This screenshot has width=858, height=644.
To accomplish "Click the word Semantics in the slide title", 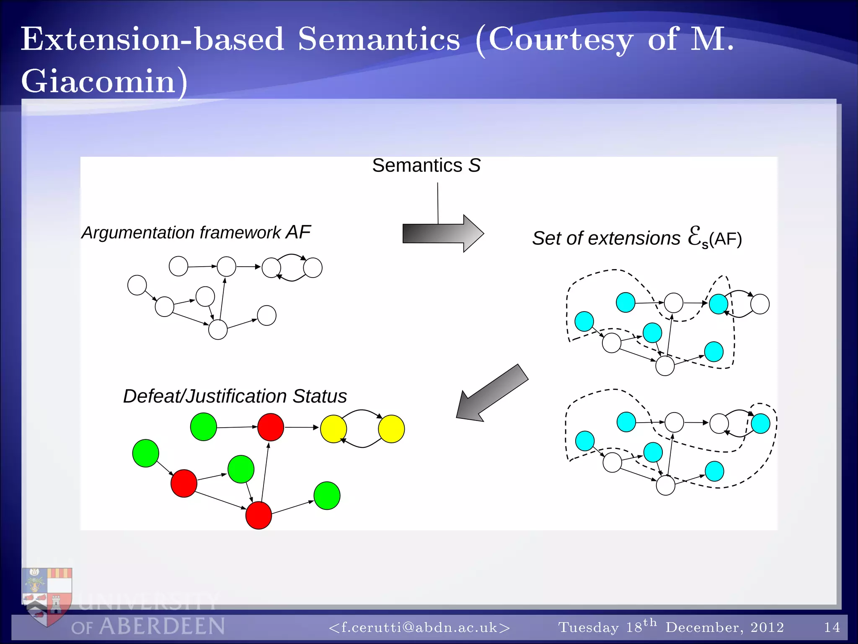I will point(379,39).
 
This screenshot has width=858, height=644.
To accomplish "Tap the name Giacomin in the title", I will point(99,81).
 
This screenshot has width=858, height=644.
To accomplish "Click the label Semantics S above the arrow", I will point(426,166).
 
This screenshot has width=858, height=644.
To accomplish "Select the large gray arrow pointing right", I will point(442,234).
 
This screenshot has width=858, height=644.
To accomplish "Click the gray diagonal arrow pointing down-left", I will point(492,393).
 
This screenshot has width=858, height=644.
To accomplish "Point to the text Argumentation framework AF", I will point(196,232).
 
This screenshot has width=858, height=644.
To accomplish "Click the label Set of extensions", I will point(606,238).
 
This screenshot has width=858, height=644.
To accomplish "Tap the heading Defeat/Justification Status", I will point(235,396).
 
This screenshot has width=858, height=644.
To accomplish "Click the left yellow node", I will point(333,429).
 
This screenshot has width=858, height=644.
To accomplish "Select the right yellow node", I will point(391,429).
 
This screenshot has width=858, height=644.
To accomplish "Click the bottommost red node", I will point(258,515).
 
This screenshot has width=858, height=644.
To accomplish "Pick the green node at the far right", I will point(327,496).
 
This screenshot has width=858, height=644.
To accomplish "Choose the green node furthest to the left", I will point(145,453).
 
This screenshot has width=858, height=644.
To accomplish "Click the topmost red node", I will point(271,427).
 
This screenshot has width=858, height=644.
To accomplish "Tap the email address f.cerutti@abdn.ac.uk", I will point(419,627).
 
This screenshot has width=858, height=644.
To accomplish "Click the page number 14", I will point(831,627).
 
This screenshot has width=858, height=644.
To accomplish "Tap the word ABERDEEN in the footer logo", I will point(163,627).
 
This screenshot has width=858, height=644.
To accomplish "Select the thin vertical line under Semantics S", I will point(438,203).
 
